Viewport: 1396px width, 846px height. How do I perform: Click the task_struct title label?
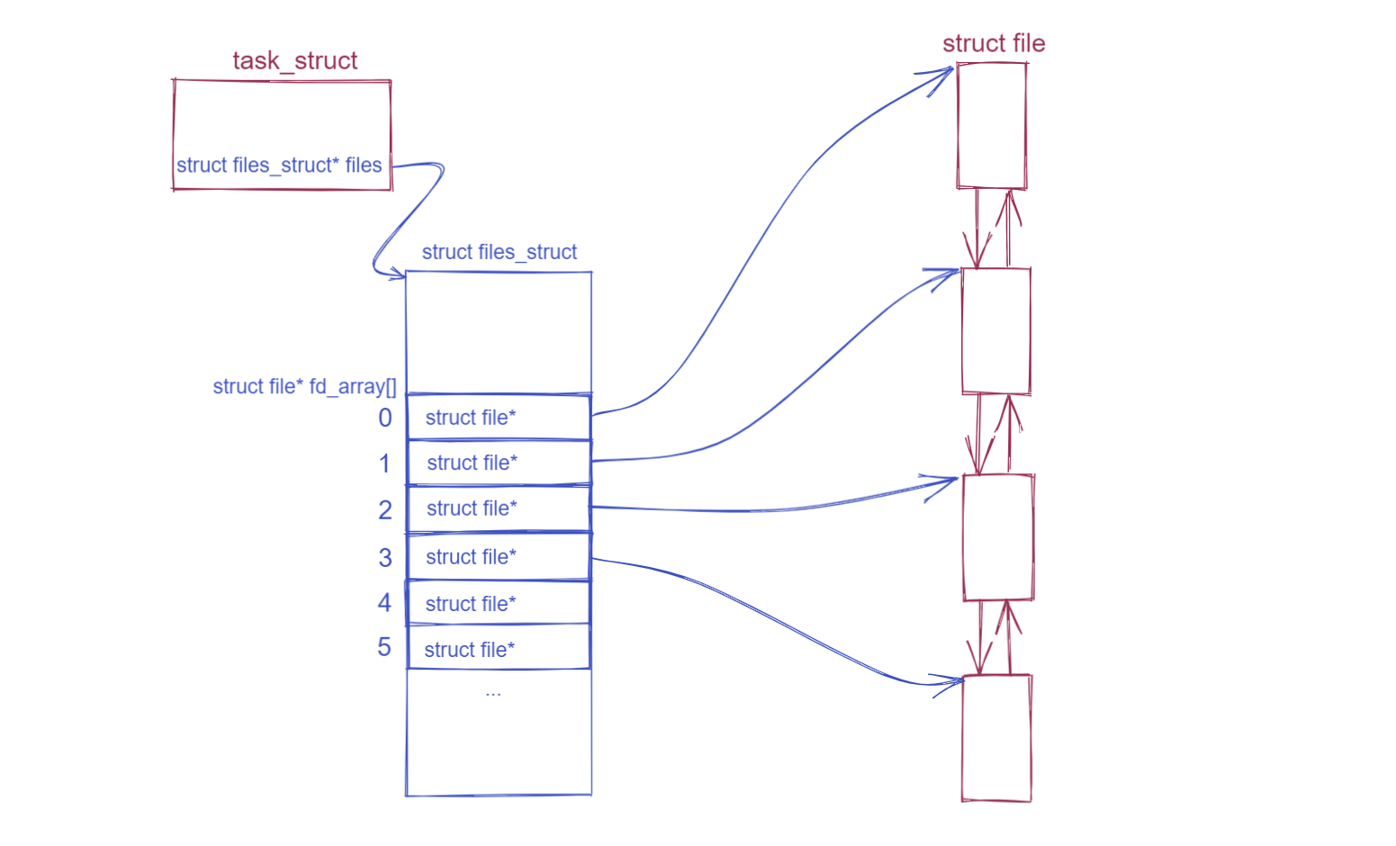pyautogui.click(x=294, y=60)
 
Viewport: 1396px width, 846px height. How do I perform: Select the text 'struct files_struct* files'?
pyautogui.click(x=279, y=166)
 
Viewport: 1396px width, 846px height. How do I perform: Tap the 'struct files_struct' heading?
pyautogui.click(x=499, y=252)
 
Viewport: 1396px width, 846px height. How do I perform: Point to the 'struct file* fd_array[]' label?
pyautogui.click(x=304, y=387)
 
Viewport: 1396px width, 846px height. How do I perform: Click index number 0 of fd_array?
pyautogui.click(x=385, y=418)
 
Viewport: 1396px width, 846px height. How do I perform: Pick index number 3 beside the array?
pyautogui.click(x=385, y=558)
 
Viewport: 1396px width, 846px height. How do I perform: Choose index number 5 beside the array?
pyautogui.click(x=384, y=647)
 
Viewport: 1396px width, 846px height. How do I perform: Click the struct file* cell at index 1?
pyautogui.click(x=499, y=463)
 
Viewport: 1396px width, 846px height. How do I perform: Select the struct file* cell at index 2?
pyautogui.click(x=499, y=508)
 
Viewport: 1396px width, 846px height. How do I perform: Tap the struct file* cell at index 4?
pyautogui.click(x=499, y=603)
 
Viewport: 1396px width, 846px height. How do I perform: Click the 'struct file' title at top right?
pyautogui.click(x=994, y=43)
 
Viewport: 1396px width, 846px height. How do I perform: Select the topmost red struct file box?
pyautogui.click(x=992, y=126)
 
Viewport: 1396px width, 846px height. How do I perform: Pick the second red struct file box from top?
pyautogui.click(x=995, y=331)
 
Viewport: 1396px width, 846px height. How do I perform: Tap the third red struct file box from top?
pyautogui.click(x=997, y=536)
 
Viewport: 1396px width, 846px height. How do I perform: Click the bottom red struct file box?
pyautogui.click(x=996, y=738)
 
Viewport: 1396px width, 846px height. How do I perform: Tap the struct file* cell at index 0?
pyautogui.click(x=499, y=418)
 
